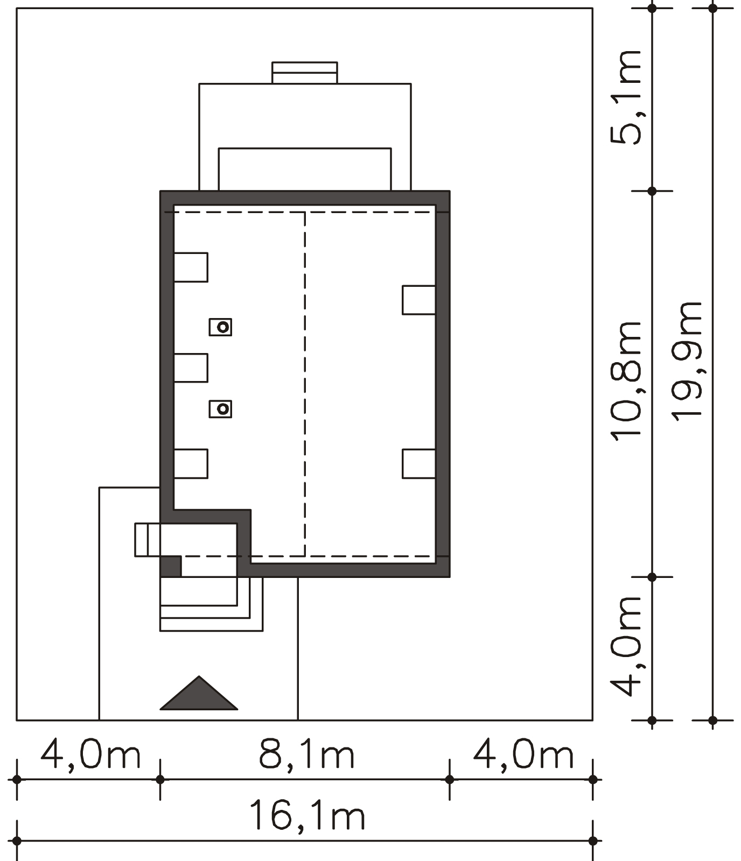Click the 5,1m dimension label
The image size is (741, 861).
[626, 97]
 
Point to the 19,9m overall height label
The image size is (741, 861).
[687, 361]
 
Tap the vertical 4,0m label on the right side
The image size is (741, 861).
[626, 646]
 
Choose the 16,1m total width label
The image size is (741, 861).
[307, 816]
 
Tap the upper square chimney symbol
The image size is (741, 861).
[221, 327]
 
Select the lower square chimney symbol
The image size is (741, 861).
[221, 409]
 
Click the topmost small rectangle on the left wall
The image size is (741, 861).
[191, 267]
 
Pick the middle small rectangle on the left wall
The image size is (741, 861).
[191, 368]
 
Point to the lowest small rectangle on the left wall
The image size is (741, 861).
[191, 464]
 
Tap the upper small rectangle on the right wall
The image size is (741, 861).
[419, 300]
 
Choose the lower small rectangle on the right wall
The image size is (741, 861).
[419, 464]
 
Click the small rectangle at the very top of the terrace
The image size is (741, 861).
[305, 73]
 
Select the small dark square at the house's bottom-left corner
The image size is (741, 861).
[171, 566]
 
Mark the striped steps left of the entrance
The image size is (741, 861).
[148, 539]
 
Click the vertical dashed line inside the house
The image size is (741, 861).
[305, 384]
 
